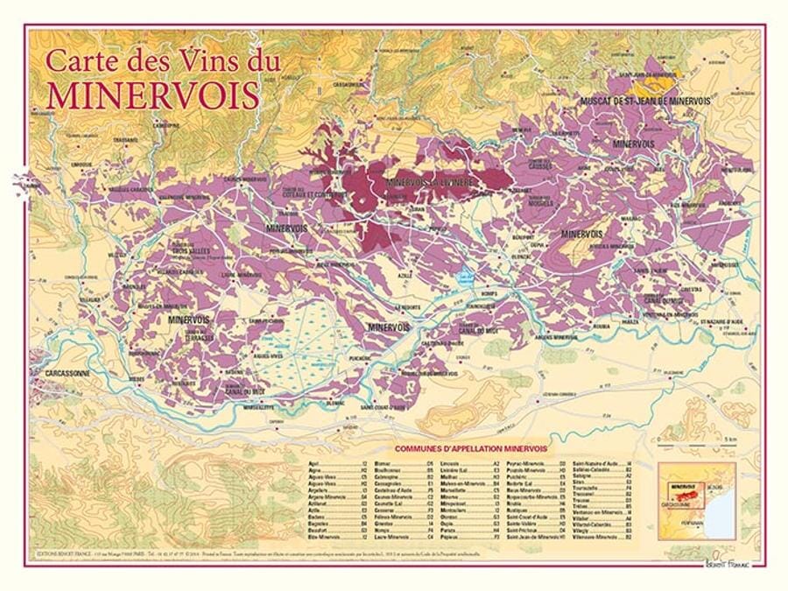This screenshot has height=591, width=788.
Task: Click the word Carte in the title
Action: point(76,61)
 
